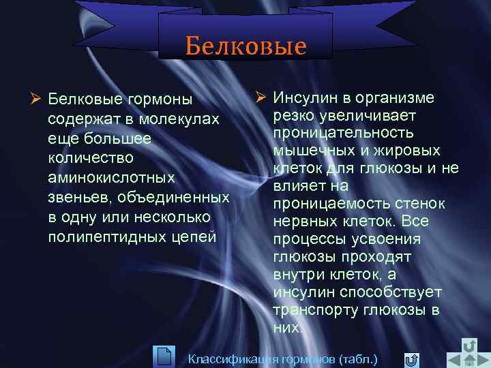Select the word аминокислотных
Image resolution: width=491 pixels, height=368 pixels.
(x=112, y=178)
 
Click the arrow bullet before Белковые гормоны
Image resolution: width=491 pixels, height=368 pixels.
(x=38, y=99)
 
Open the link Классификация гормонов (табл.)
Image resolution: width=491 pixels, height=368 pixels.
(x=282, y=358)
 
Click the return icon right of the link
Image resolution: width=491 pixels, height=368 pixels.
(x=411, y=359)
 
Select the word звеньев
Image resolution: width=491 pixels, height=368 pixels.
(x=79, y=198)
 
